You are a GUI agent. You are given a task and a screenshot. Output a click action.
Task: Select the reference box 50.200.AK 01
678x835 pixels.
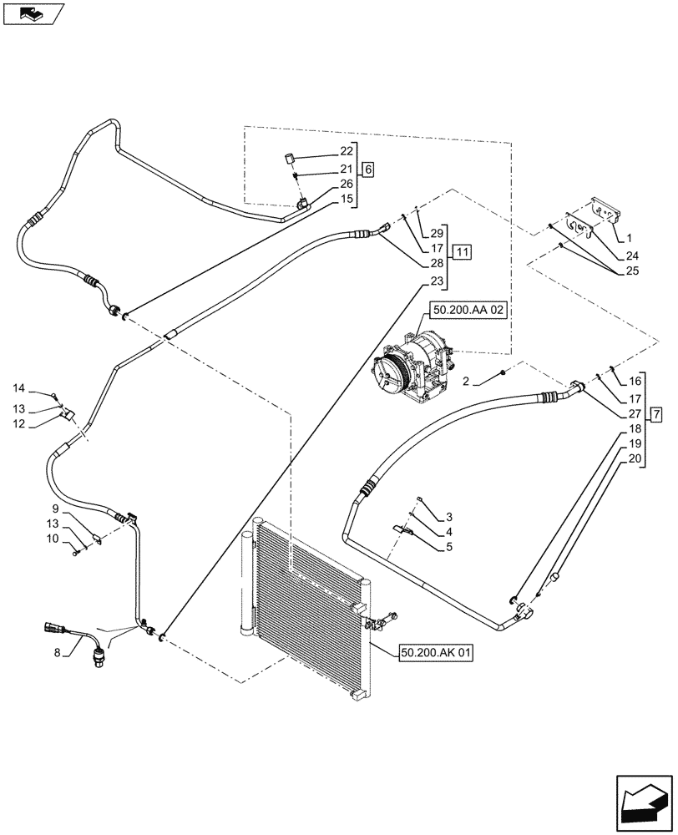(x=437, y=655)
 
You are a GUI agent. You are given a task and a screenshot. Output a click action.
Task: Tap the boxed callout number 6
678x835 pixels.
(x=368, y=169)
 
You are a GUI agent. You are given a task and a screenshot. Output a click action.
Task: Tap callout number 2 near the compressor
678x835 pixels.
(x=467, y=381)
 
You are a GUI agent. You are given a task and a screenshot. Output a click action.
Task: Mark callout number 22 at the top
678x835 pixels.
(x=346, y=151)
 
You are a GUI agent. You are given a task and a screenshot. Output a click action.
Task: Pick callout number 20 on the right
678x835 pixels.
(x=634, y=458)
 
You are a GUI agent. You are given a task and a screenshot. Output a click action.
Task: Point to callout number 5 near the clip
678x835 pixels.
(x=448, y=547)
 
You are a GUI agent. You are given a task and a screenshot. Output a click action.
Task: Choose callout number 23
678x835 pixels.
(x=437, y=281)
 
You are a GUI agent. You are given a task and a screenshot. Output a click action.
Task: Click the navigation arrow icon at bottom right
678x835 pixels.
(x=644, y=802)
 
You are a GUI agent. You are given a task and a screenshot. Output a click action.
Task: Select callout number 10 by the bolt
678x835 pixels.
(x=53, y=539)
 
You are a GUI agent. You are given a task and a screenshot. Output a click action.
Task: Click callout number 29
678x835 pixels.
(x=437, y=232)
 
